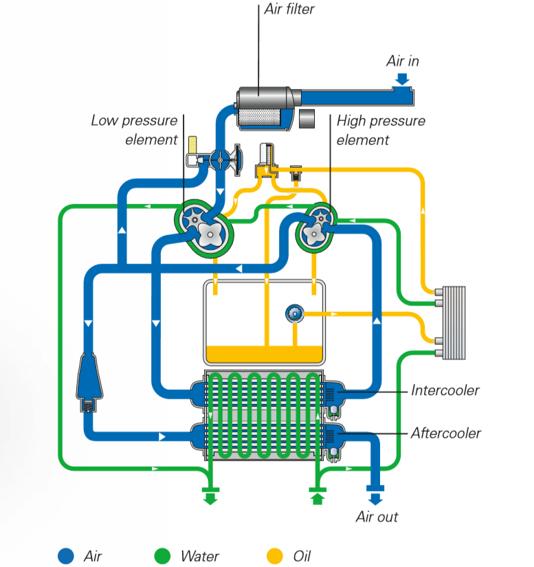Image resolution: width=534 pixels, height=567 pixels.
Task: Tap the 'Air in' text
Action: (402, 61)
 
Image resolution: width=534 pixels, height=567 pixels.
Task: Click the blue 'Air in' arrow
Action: (402, 81)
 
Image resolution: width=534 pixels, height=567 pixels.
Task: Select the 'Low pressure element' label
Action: (134, 130)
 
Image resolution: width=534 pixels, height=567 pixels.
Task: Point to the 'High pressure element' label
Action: (380, 130)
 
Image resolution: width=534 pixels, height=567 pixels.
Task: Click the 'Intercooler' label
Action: (445, 390)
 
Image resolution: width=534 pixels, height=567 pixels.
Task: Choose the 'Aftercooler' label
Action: (445, 433)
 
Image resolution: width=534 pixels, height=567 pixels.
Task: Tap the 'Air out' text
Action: (377, 517)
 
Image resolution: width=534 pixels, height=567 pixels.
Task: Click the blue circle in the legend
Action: (66, 555)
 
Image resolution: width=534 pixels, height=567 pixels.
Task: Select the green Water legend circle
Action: (162, 555)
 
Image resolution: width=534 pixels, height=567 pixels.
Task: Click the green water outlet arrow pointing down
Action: (210, 496)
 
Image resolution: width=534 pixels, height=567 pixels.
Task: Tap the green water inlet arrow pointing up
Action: (317, 496)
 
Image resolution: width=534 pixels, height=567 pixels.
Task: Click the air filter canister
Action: (265, 108)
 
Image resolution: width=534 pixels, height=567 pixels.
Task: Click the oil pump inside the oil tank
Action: (294, 314)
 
